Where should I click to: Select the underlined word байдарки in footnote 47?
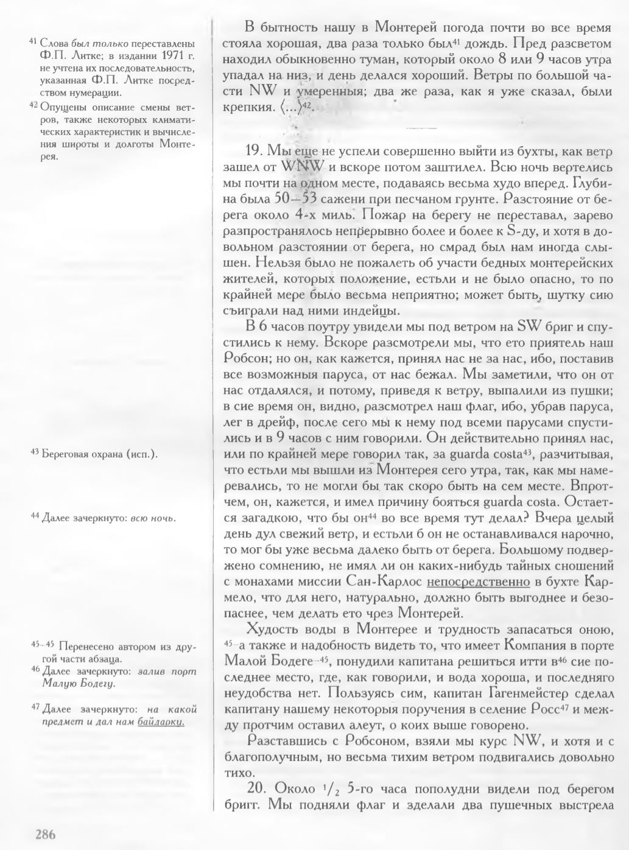point(161,722)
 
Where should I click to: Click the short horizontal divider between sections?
point(421,128)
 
